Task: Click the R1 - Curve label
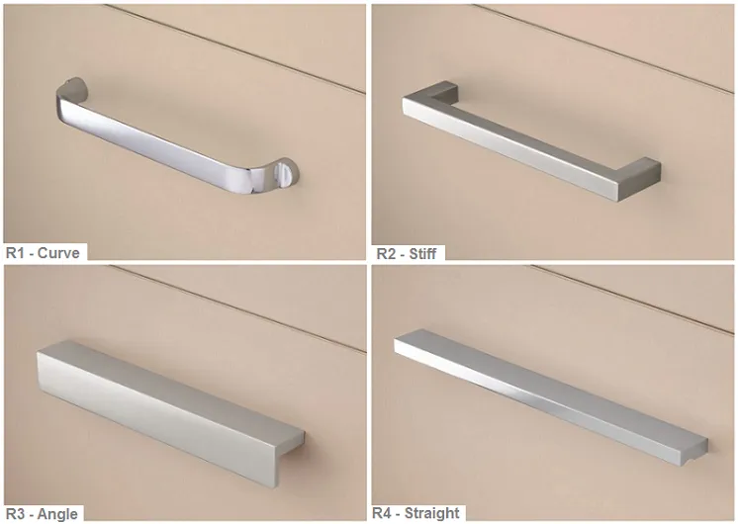[x=43, y=253]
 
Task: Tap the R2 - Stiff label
[x=407, y=253]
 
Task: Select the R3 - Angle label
[x=42, y=514]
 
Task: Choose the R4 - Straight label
[x=416, y=513]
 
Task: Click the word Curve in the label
[x=58, y=253]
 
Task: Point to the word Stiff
[x=422, y=253]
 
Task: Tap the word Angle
[x=57, y=514]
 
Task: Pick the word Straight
[x=432, y=513]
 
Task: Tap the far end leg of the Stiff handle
[x=442, y=89]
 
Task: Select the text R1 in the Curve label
[x=15, y=253]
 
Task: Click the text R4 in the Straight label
[x=382, y=513]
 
